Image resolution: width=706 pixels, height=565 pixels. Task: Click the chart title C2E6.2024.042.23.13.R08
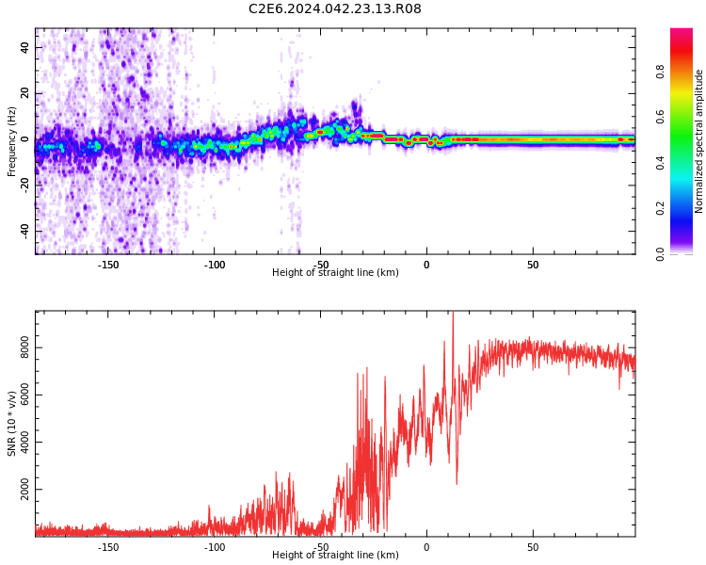pyautogui.click(x=335, y=9)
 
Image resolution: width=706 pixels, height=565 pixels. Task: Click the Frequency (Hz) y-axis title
pyautogui.click(x=12, y=141)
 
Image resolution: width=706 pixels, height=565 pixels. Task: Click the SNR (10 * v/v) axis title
pyautogui.click(x=12, y=423)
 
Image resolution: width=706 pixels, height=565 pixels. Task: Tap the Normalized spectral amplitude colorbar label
pyautogui.click(x=699, y=141)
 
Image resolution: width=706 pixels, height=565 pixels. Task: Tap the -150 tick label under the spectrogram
pyautogui.click(x=107, y=265)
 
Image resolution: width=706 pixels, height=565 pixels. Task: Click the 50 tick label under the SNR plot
pyautogui.click(x=533, y=547)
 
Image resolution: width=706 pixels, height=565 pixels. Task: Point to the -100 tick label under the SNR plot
pyautogui.click(x=214, y=547)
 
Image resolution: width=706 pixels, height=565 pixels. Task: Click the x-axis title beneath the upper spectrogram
pyautogui.click(x=335, y=273)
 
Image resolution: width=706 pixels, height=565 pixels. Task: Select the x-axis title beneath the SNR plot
pyautogui.click(x=335, y=556)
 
